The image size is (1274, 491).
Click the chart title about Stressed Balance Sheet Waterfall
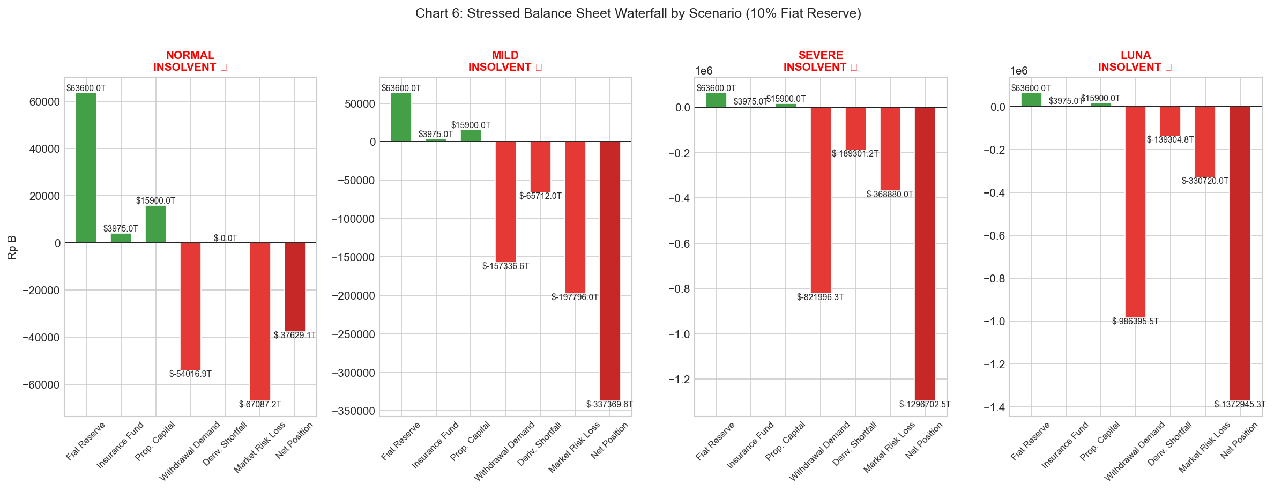[x=638, y=13]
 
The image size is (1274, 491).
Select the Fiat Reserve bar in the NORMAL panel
[x=86, y=168]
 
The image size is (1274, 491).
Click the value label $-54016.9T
[x=190, y=374]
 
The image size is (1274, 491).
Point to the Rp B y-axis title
[x=12, y=247]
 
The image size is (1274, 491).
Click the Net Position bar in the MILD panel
[x=610, y=271]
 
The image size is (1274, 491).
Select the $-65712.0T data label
[x=540, y=196]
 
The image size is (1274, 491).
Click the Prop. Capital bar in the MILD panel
[x=471, y=136]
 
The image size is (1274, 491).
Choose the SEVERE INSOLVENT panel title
[x=820, y=61]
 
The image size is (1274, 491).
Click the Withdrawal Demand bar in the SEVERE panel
[x=821, y=199]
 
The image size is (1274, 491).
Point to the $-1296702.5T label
[x=925, y=405]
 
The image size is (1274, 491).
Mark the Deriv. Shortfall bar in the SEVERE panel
[x=855, y=128]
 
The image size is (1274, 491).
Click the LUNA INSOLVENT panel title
[x=1135, y=61]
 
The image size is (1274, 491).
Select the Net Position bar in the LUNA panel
[x=1240, y=253]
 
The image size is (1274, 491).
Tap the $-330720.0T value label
[x=1205, y=181]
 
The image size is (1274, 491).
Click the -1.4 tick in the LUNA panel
[x=994, y=408]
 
